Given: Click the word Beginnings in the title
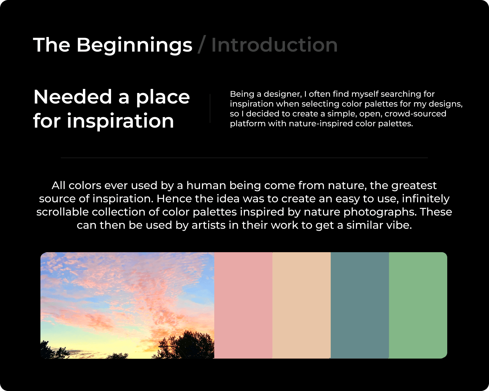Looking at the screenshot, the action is (x=134, y=45).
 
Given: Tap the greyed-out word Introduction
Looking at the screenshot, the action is (x=274, y=45).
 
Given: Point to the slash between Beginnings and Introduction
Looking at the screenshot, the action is (x=202, y=44).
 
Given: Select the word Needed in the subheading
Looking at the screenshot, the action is (x=73, y=97).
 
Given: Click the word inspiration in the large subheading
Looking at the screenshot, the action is (x=121, y=121).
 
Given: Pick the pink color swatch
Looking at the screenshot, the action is (x=243, y=305).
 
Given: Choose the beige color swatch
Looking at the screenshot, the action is (x=302, y=305).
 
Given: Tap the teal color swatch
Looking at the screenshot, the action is (x=360, y=305).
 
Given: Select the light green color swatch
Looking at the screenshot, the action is (x=418, y=305).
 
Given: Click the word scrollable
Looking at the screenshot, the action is (x=62, y=212).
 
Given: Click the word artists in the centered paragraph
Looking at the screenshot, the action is (x=209, y=225).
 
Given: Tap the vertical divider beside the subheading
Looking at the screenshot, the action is (x=210, y=109).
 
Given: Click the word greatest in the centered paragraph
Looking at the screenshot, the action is (x=414, y=186).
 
